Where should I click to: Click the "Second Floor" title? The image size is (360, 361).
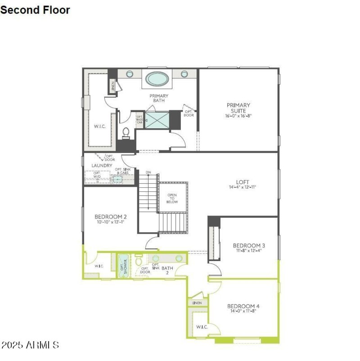click(35, 9)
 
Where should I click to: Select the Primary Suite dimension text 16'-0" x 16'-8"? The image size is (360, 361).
click(238, 116)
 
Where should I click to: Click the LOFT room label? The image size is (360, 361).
click(243, 182)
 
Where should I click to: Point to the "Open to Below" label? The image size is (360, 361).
click(172, 199)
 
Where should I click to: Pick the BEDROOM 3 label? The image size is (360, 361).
click(249, 245)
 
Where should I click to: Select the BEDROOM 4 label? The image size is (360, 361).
click(243, 306)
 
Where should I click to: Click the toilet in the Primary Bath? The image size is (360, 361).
click(126, 132)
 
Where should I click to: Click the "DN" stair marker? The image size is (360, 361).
click(148, 172)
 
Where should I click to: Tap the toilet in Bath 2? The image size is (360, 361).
click(139, 261)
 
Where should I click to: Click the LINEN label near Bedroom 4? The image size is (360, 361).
click(197, 303)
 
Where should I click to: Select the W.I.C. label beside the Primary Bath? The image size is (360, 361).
click(99, 126)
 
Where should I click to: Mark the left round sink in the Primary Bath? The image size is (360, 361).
click(130, 74)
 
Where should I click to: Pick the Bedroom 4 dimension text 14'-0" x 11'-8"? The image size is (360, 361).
click(243, 311)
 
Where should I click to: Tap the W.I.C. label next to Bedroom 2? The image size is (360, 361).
click(99, 266)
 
